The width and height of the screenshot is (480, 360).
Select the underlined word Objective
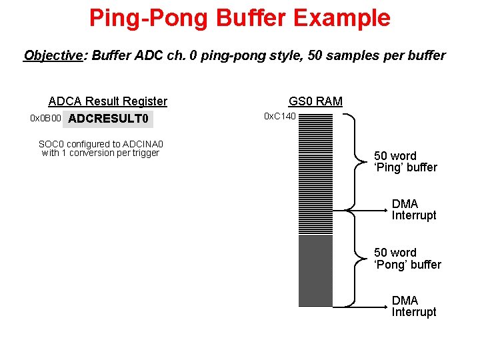52,55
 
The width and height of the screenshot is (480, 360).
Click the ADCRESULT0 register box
109,119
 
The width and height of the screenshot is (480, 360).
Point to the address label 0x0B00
46,119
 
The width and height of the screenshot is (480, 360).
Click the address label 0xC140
280,117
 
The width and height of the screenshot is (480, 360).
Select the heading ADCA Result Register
108,101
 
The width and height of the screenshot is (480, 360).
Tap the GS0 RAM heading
315,101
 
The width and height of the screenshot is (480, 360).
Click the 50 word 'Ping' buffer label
405,161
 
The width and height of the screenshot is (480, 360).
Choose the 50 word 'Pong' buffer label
407,259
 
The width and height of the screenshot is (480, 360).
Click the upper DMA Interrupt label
414,209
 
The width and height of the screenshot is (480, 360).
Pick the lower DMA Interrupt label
414,306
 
